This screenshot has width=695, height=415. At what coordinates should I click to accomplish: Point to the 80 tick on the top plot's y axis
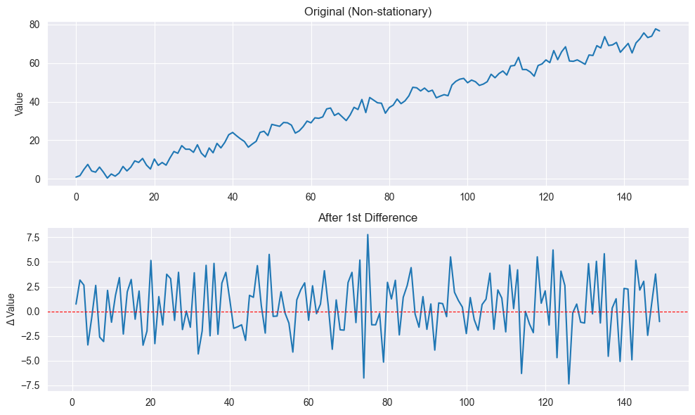32,25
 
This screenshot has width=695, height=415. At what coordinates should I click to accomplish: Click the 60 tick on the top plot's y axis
32,63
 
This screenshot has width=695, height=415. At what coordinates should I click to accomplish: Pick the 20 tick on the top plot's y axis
32,141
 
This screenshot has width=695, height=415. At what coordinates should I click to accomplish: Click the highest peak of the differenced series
368,235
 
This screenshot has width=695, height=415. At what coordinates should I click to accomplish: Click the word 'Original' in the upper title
324,11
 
